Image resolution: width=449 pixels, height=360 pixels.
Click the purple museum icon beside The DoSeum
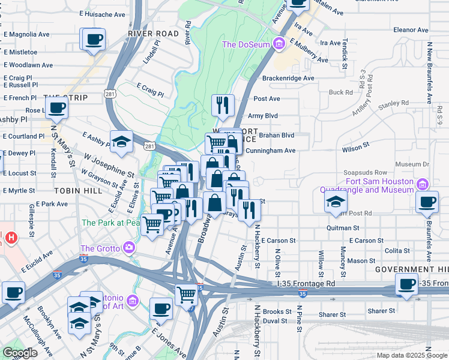(x=279, y=44)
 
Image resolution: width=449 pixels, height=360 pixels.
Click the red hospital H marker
(x=10, y=238)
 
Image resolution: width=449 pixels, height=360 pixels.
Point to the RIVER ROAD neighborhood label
(x=153, y=34)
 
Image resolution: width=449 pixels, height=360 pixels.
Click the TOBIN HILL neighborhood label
(x=75, y=190)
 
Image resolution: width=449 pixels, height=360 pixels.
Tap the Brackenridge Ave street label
(x=288, y=78)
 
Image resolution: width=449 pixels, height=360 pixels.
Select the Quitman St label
(x=343, y=228)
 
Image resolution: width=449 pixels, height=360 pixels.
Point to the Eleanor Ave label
(x=411, y=29)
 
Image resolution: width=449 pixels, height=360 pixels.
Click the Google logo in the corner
(x=19, y=353)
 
